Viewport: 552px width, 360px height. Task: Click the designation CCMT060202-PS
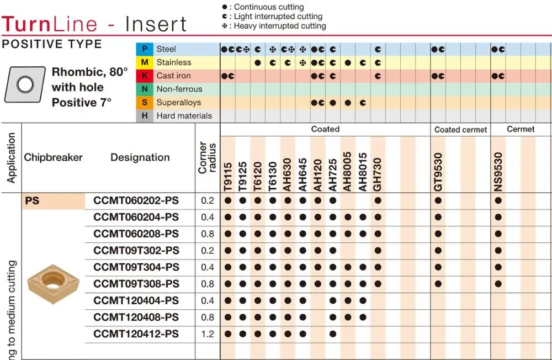pyautogui.click(x=136, y=200)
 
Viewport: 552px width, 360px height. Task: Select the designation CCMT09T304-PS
pyautogui.click(x=136, y=267)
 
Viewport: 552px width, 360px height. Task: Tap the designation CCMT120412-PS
pyautogui.click(x=136, y=334)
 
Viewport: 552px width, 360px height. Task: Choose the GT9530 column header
pyautogui.click(x=438, y=172)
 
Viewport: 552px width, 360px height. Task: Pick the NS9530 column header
pyautogui.click(x=498, y=172)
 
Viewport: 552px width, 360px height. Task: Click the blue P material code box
pyautogui.click(x=144, y=49)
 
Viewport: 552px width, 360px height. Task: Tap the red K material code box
pyautogui.click(x=144, y=76)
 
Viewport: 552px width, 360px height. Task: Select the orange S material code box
pyautogui.click(x=144, y=102)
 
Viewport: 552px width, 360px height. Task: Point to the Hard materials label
pyautogui.click(x=184, y=116)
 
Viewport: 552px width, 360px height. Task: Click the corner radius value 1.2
pyautogui.click(x=208, y=334)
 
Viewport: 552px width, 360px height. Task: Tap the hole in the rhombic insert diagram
pyautogui.click(x=25, y=85)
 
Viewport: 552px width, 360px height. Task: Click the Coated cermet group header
pyautogui.click(x=460, y=130)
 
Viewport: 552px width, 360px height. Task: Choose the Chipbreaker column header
pyautogui.click(x=53, y=157)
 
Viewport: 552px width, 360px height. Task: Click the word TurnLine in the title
pyautogui.click(x=49, y=24)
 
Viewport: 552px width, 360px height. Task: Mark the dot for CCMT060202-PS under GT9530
pyautogui.click(x=438, y=200)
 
